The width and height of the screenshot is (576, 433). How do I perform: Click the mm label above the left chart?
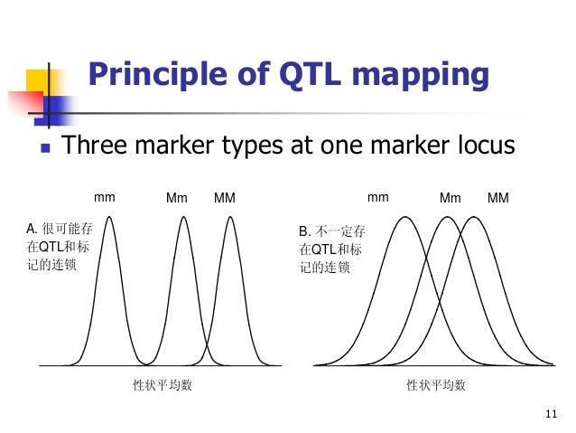pos(105,196)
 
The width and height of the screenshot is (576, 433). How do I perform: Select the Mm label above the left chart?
pos(177,197)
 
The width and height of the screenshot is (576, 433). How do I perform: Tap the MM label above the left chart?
pos(224,197)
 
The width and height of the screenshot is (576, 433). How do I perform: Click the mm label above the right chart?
pos(378,196)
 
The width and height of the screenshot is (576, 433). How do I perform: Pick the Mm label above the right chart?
pos(451,197)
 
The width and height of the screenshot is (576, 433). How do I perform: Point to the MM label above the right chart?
pos(497,197)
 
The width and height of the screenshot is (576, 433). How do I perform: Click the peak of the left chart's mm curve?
pos(110,216)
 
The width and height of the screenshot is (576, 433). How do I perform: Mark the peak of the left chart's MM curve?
pos(230,216)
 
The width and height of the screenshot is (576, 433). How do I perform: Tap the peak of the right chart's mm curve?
pos(406,217)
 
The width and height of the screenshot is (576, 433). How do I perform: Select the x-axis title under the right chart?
pos(436,386)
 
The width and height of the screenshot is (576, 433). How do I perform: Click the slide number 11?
pos(553,415)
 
